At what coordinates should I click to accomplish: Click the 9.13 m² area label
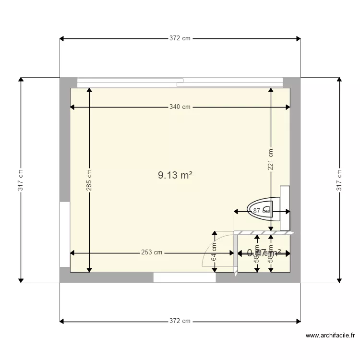click(175, 176)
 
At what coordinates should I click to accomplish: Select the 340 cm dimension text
click(180, 107)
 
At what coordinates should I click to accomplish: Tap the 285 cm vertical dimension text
click(89, 180)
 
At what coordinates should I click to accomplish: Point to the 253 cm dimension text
click(152, 252)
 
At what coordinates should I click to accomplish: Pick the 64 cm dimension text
click(214, 252)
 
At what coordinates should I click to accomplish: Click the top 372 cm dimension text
click(180, 38)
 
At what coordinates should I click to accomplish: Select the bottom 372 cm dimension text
click(180, 321)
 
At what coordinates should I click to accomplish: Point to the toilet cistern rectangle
click(285, 208)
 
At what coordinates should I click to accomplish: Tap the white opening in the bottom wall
click(184, 277)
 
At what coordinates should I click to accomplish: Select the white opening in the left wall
click(65, 234)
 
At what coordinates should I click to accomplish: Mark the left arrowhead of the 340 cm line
click(73, 107)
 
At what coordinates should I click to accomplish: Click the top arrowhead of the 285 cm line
click(89, 91)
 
